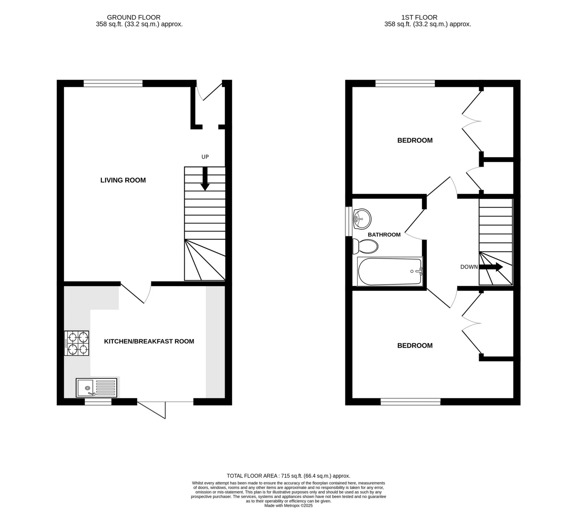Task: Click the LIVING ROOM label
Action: tap(123, 180)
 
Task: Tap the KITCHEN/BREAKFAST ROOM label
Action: tap(149, 341)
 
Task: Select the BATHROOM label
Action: tap(384, 235)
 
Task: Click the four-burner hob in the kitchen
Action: tap(77, 343)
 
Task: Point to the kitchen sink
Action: tap(96, 387)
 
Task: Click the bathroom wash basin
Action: tap(362, 219)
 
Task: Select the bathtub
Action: tap(390, 271)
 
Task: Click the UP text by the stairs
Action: tap(205, 157)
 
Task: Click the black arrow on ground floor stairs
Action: tap(205, 179)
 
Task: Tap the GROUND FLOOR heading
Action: tap(134, 17)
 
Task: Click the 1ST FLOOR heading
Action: tap(419, 17)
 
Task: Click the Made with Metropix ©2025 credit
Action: tap(288, 506)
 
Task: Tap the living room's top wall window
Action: tap(113, 83)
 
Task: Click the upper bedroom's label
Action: tap(415, 140)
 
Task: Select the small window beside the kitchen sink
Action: tap(98, 402)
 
